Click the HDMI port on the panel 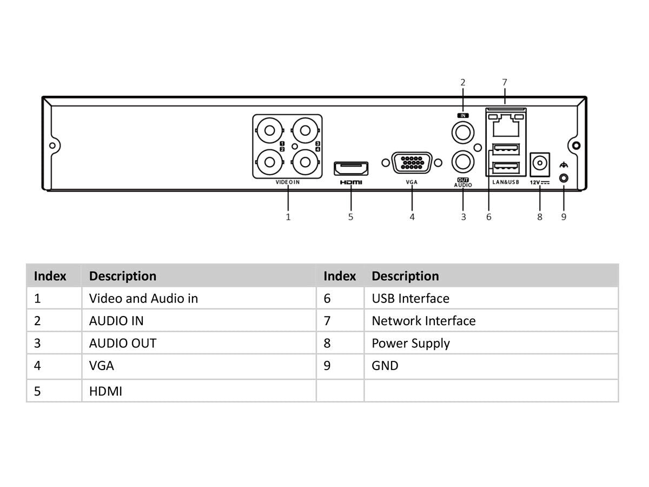351,168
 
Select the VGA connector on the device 412,163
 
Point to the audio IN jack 463,131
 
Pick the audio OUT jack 463,161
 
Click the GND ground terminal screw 564,178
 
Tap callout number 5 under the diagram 350,217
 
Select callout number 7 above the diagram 505,83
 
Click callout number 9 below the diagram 564,217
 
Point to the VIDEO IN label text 287,182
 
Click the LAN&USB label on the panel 506,182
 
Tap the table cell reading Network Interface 423,321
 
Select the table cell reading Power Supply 410,344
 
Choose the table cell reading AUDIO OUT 123,344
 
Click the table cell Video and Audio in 143,298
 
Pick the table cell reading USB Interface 410,298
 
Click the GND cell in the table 385,366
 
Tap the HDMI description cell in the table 105,391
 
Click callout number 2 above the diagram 463,83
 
